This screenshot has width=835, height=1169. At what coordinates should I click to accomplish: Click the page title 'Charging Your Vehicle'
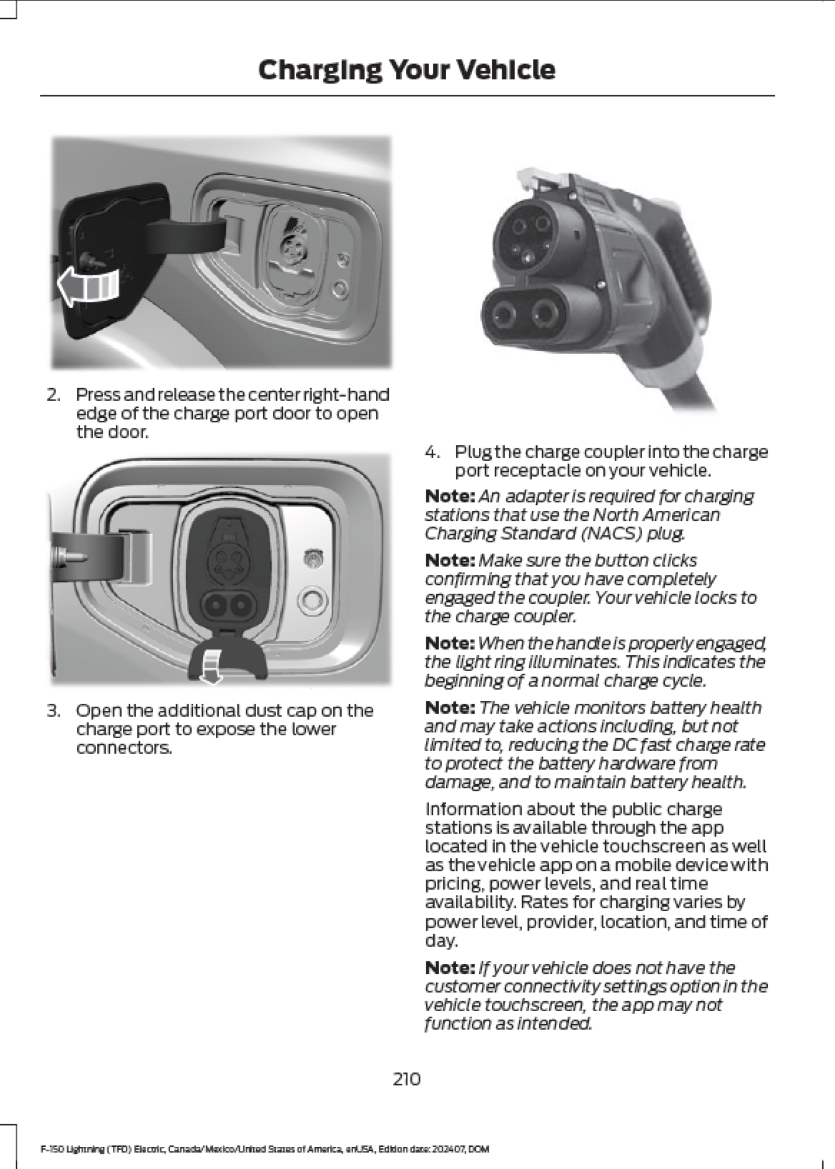click(x=406, y=70)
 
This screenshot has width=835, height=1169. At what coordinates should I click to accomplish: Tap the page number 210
click(x=406, y=1078)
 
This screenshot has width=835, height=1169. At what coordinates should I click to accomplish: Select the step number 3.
click(x=53, y=711)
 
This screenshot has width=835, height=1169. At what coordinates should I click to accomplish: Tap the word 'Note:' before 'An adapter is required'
click(x=449, y=496)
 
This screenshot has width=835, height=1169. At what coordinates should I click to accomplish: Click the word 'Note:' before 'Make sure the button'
click(x=449, y=561)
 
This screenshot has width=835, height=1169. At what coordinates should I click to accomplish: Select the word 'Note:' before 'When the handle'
click(x=449, y=644)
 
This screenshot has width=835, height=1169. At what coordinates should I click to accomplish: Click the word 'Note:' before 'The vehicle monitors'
click(x=449, y=708)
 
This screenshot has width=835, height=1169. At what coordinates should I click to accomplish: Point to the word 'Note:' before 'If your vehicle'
click(x=449, y=967)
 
